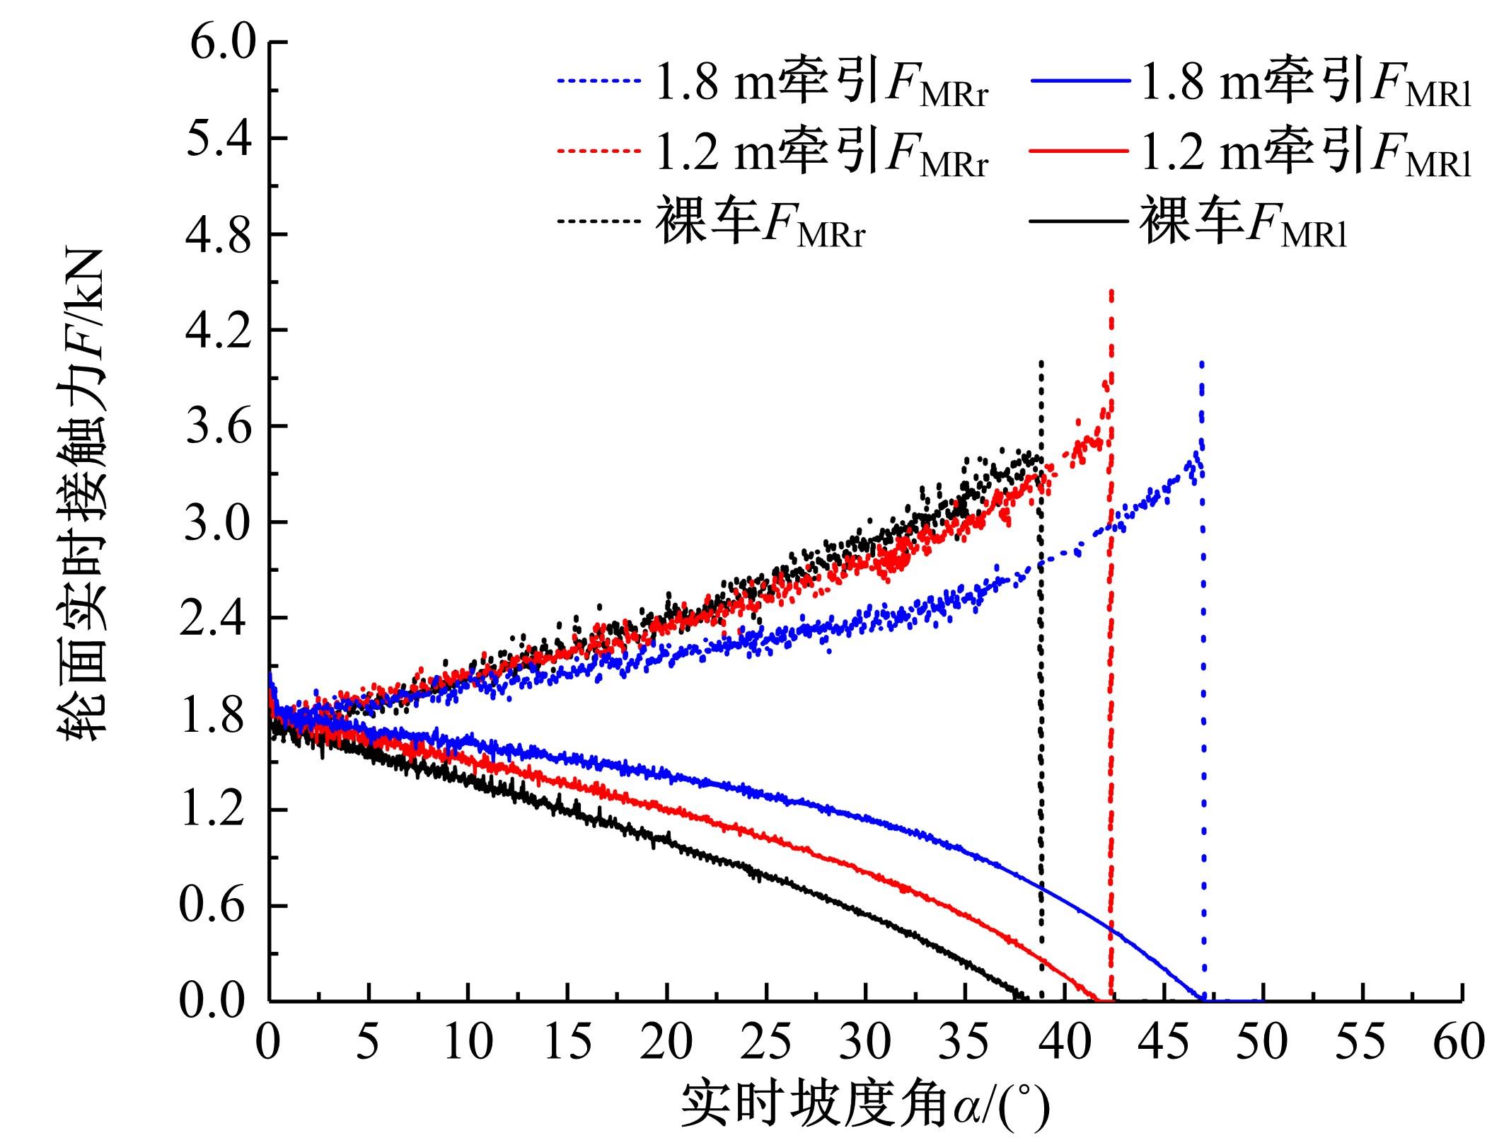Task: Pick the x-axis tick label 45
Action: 1163,1042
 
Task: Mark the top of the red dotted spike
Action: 1111,291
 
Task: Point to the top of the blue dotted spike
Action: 1201,363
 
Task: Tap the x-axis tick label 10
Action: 467,1042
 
